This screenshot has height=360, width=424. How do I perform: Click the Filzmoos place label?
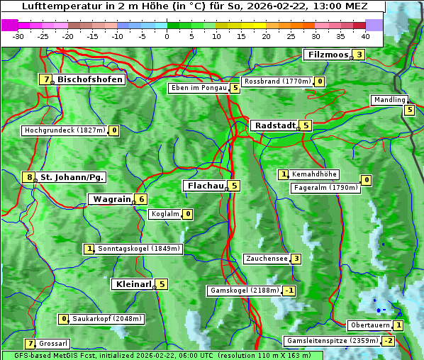(328, 55)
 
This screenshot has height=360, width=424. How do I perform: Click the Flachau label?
(204, 186)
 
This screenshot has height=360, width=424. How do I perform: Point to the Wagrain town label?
(111, 199)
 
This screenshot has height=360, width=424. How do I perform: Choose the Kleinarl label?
(133, 284)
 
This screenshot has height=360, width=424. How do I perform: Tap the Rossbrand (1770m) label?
(277, 81)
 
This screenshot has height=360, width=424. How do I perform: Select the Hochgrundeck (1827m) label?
(65, 130)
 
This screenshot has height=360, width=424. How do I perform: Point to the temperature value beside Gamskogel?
(289, 291)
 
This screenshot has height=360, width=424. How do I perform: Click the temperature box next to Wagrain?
(141, 199)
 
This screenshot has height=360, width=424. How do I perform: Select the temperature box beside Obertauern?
(398, 325)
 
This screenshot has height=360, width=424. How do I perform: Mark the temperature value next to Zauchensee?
(296, 259)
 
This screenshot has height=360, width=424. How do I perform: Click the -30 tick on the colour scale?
(18, 35)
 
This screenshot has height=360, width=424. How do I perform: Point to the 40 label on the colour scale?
(365, 35)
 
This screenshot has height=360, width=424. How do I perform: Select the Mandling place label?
(389, 100)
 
